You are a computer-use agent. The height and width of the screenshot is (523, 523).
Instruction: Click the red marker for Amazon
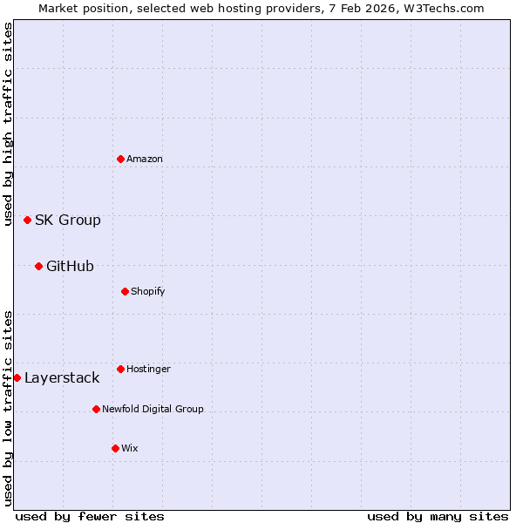click(120, 159)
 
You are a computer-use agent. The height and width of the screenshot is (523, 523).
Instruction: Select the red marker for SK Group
click(27, 220)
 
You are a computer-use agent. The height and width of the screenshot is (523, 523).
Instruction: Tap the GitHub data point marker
click(38, 266)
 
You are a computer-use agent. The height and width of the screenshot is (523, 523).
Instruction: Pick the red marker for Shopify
click(125, 291)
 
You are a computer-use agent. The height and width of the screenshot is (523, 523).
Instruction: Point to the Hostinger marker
click(120, 369)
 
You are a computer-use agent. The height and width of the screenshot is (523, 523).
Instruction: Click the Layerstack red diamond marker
click(17, 377)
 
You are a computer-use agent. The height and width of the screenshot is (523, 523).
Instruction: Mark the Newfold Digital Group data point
click(96, 409)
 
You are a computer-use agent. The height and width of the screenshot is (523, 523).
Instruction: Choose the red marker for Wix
click(115, 448)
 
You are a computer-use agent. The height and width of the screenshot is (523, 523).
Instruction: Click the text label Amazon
click(145, 159)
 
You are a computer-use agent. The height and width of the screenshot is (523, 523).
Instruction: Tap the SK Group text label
click(68, 220)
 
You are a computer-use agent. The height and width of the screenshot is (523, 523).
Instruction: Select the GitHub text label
click(70, 266)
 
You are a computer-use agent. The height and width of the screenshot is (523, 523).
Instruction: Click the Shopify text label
click(148, 291)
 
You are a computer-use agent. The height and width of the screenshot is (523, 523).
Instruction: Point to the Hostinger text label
click(148, 369)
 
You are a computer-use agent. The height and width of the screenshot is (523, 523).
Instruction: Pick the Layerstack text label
click(62, 377)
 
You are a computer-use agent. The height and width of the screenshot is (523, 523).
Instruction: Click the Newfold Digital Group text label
click(153, 409)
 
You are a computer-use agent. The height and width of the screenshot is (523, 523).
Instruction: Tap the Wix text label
click(130, 448)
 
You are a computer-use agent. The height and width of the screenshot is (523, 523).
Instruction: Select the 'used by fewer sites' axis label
click(90, 516)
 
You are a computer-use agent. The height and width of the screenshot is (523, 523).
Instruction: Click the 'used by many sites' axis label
click(438, 516)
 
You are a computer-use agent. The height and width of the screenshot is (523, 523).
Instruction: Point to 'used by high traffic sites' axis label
click(8, 124)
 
